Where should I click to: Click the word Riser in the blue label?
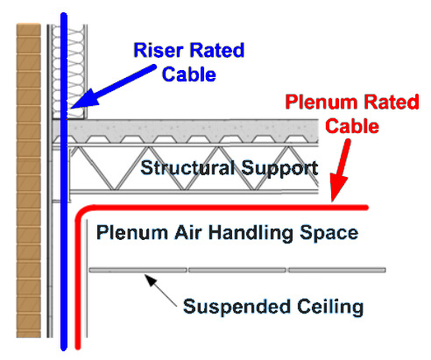pyautogui.click(x=159, y=50)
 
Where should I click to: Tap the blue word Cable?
pyautogui.click(x=189, y=74)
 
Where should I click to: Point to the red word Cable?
pyautogui.click(x=352, y=126)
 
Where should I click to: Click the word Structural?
pyautogui.click(x=187, y=168)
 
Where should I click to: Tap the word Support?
pyautogui.click(x=279, y=169)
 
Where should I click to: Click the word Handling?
pyautogui.click(x=251, y=233)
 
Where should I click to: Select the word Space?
pyautogui.click(x=329, y=234)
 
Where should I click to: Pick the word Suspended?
pyautogui.click(x=237, y=307)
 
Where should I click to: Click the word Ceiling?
pyautogui.click(x=330, y=307)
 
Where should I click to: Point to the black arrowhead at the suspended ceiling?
pyautogui.click(x=151, y=280)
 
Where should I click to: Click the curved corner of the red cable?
pyautogui.click(x=81, y=212)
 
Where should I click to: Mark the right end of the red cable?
pyautogui.click(x=366, y=208)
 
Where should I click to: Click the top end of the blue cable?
pyautogui.click(x=64, y=14)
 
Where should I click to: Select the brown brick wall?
pyautogui.click(x=28, y=180)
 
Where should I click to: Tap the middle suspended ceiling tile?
pyautogui.click(x=237, y=270)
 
